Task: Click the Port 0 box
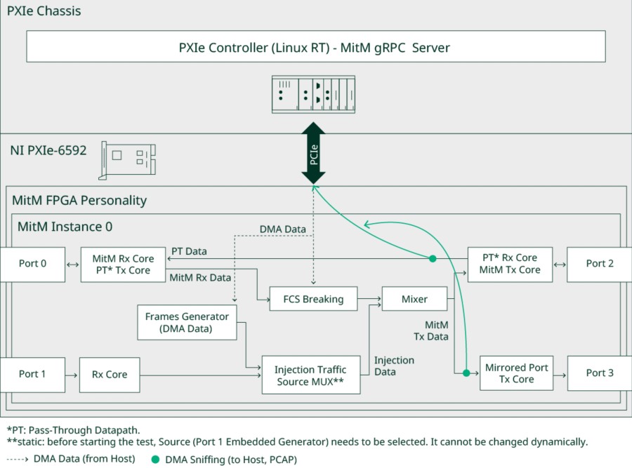pyautogui.click(x=33, y=265)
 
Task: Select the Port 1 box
pyautogui.click(x=33, y=375)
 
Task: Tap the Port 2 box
pyautogui.click(x=600, y=264)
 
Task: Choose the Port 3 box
pyautogui.click(x=600, y=373)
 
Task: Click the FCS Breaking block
pyautogui.click(x=313, y=300)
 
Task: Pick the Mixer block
pyautogui.click(x=414, y=300)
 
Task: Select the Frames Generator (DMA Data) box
pyautogui.click(x=187, y=323)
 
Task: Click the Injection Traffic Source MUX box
pyautogui.click(x=310, y=375)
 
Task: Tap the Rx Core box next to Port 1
pyautogui.click(x=110, y=375)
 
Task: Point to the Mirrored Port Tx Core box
pyautogui.click(x=516, y=373)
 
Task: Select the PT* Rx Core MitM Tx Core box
pyautogui.click(x=510, y=264)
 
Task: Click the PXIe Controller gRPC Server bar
pyautogui.click(x=315, y=48)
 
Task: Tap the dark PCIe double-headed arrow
pyautogui.click(x=314, y=153)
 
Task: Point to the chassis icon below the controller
pyautogui.click(x=314, y=95)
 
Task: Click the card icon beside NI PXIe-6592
pyautogui.click(x=128, y=159)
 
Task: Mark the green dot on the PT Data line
pyautogui.click(x=433, y=259)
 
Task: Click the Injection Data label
pyautogui.click(x=394, y=366)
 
